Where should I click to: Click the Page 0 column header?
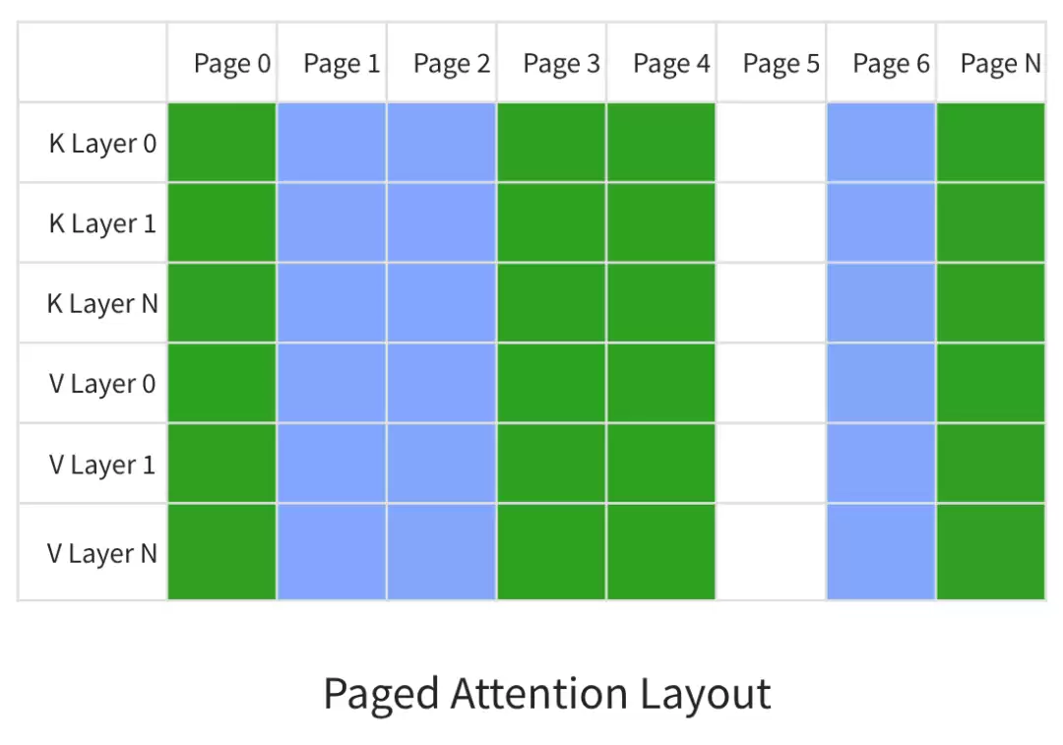click(232, 63)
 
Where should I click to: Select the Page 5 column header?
click(781, 63)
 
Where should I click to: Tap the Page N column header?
click(1001, 63)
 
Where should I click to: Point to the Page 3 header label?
click(561, 63)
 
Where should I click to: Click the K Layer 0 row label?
click(102, 144)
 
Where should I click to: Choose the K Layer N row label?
click(102, 304)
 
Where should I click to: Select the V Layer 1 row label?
click(102, 465)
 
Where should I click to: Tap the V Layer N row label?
click(102, 553)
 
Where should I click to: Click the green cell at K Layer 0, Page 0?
click(221, 143)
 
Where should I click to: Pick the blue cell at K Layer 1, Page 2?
click(441, 222)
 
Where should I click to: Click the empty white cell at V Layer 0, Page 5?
click(771, 383)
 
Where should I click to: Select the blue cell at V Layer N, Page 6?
click(881, 552)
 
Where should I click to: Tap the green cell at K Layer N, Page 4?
click(661, 302)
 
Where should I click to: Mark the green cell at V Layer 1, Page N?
click(990, 463)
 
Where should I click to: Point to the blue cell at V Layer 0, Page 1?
click(332, 383)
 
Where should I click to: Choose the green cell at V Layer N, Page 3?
click(551, 552)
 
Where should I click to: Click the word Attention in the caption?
click(539, 694)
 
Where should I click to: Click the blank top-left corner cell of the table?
click(93, 62)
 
